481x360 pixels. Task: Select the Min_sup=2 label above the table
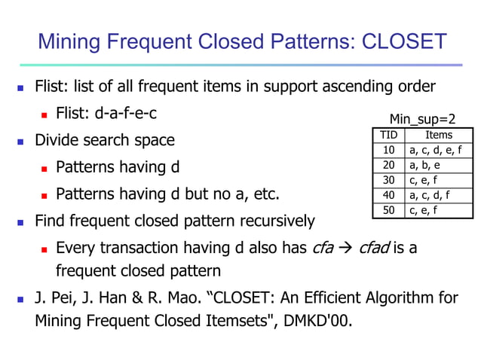coord(423,119)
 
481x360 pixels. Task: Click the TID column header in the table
coord(389,135)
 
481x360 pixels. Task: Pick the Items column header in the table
coord(439,135)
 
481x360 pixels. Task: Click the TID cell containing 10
coord(389,150)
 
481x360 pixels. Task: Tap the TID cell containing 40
coord(389,195)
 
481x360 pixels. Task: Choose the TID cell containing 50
coord(389,210)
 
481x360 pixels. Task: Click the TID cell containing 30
coord(389,180)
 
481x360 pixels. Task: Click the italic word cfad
coord(374,247)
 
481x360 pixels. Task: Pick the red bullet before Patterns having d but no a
coord(44,196)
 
